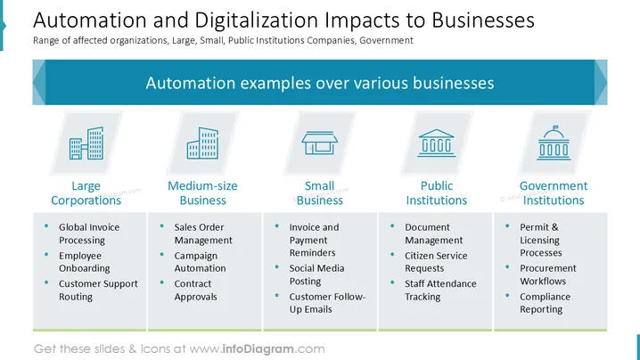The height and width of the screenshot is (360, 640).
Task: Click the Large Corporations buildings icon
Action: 86,143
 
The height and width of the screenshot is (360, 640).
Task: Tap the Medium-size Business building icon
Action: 203,143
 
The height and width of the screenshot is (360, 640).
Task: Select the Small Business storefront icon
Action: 320,143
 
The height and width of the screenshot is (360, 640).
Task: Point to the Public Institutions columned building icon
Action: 437,143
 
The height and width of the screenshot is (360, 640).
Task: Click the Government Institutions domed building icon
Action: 554,143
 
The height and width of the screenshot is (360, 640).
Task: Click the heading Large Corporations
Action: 86,193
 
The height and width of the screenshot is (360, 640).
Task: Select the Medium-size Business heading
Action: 202,193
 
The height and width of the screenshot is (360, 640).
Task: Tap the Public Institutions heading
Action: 437,193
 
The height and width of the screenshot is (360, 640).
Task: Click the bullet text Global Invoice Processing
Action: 89,233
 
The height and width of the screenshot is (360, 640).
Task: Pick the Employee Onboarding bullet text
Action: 85,262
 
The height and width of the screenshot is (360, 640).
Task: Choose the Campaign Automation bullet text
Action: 200,262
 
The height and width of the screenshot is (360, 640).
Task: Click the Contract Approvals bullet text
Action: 195,290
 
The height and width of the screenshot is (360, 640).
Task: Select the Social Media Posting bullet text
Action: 316,274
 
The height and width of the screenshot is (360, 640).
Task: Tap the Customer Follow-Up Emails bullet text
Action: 327,303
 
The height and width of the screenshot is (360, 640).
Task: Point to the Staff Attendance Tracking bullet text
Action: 440,290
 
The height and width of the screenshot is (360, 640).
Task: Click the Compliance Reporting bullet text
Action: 545,303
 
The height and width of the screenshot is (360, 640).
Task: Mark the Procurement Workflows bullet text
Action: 548,274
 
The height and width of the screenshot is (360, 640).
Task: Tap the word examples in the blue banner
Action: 274,83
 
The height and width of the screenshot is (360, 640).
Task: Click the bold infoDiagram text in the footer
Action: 258,349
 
